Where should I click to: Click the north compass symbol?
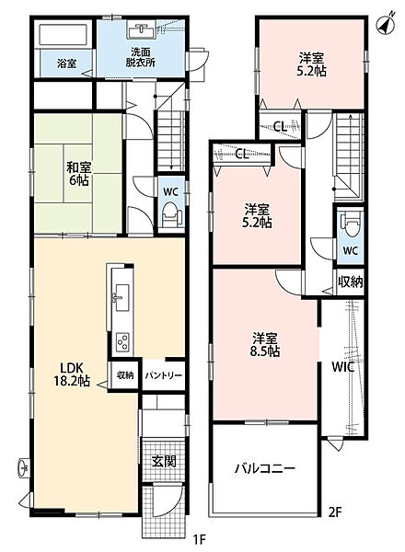coord(386,25)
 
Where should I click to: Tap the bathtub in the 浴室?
coord(63,35)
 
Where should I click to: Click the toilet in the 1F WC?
coord(171,214)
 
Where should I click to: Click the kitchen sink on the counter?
coord(121,297)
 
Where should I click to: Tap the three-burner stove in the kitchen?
coord(122,340)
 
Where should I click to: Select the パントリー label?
coord(164,375)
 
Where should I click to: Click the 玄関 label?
coord(164,461)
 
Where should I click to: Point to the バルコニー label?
coord(265,468)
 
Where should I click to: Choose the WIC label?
coord(342,367)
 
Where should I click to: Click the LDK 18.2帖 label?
coord(72,374)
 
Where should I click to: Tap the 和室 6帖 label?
coord(79,174)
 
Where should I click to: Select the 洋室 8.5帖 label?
coord(265,345)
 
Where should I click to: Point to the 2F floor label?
coord(335,512)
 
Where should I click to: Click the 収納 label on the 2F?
coord(351,282)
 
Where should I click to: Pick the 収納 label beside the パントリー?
coord(125,375)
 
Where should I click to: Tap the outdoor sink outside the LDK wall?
coord(24,468)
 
